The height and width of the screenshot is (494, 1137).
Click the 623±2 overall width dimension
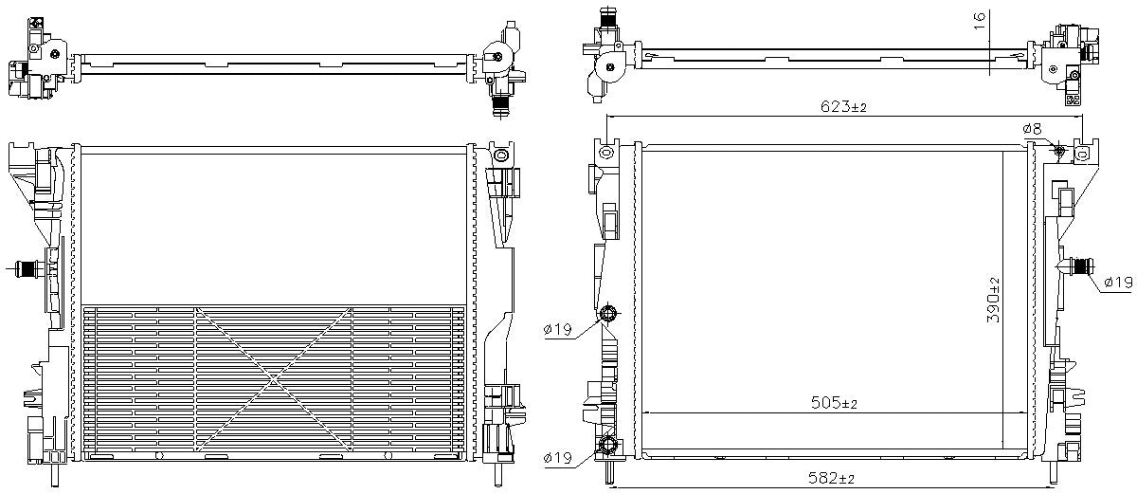coord(843,108)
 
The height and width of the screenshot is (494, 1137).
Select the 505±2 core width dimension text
coord(834,404)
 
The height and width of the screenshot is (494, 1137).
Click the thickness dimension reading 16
coord(981,16)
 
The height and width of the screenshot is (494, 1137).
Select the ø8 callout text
coord(1032,129)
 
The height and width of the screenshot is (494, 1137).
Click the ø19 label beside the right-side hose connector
coord(1118,282)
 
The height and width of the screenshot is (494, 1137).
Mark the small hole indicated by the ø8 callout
coord(1058,152)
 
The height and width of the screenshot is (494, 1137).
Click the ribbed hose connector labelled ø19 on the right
coord(1074,265)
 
